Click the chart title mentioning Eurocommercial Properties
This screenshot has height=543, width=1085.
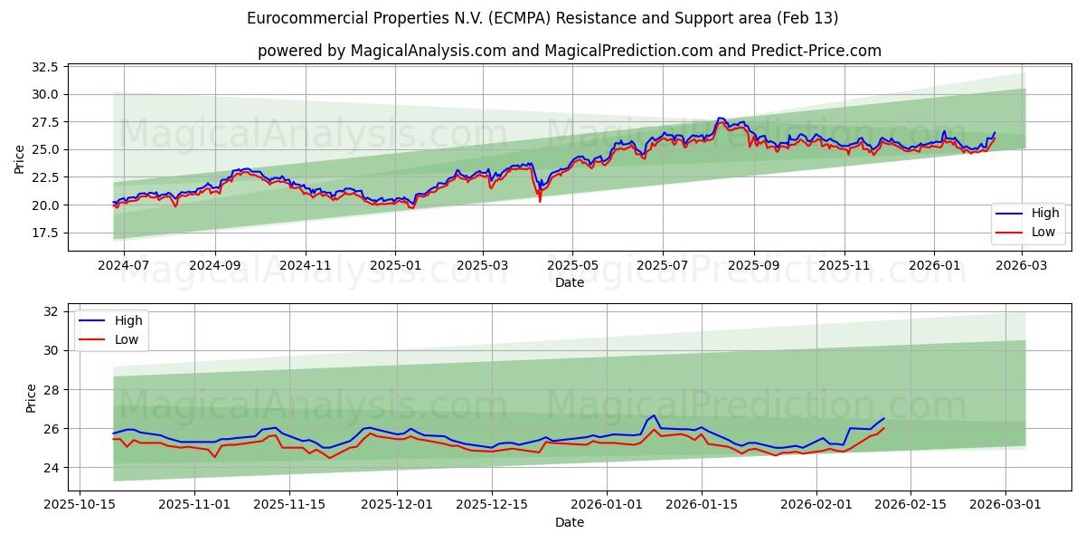pos(542,18)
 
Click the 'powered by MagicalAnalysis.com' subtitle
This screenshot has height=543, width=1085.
pos(569,51)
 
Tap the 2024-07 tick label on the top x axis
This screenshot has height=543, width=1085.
pos(124,267)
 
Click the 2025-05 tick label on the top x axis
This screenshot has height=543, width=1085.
pos(572,267)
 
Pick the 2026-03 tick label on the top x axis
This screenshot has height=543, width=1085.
pos(1022,267)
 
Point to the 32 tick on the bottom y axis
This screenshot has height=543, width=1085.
pos(51,311)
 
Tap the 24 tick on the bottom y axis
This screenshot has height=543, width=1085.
pos(51,468)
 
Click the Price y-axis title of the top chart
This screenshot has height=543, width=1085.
pos(20,159)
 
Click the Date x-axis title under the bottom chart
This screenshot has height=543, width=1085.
pos(569,522)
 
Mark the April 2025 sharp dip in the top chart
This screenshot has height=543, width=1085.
pos(540,199)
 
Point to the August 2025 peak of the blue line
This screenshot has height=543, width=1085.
pos(720,118)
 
